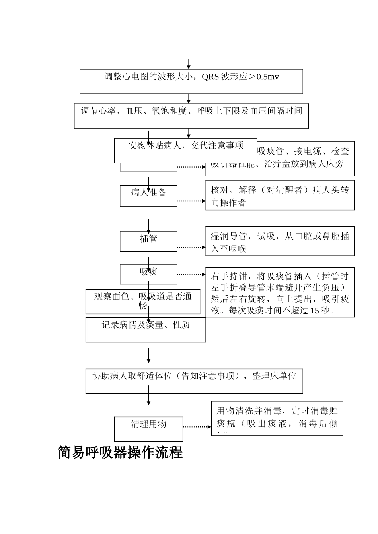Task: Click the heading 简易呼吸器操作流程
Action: point(120,453)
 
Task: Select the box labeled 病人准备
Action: point(148,195)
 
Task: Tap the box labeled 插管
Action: point(148,241)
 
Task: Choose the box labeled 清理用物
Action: point(148,429)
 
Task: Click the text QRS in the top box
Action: point(210,77)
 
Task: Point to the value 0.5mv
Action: point(268,77)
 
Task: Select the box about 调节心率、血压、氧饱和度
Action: point(191,116)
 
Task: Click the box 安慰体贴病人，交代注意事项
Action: point(186,150)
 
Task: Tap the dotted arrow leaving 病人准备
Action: point(191,201)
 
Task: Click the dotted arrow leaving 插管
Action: point(191,247)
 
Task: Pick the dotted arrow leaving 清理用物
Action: point(197,427)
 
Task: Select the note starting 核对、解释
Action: point(280,196)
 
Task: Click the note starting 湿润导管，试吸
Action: point(280,242)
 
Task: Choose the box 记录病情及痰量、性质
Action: point(146,330)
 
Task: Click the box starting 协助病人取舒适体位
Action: point(194,381)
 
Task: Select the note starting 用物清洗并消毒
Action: point(277,418)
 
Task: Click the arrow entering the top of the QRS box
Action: point(189,64)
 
